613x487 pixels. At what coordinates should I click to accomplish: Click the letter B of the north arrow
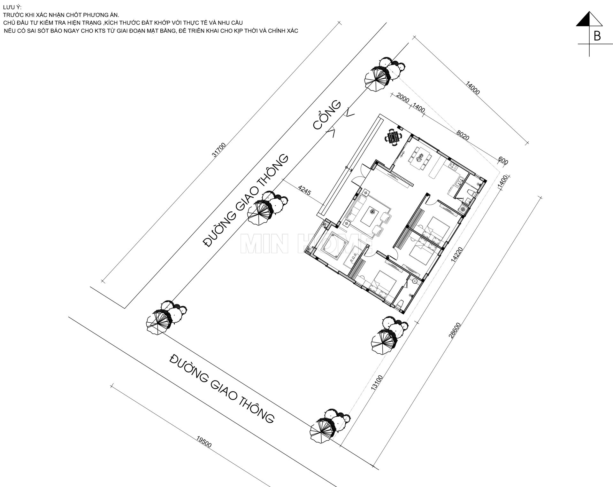[597, 36]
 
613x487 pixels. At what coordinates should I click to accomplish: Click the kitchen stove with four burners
[453, 166]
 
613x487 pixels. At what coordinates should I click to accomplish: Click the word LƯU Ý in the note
[12, 7]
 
